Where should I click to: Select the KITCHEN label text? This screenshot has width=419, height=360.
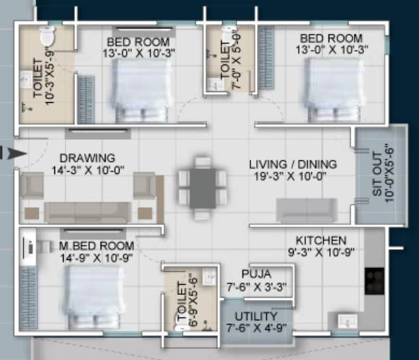click(x=321, y=240)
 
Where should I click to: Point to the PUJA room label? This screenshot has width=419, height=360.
click(x=257, y=274)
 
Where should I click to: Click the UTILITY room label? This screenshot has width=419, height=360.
click(x=256, y=317)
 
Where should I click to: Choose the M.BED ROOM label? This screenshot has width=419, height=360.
click(x=97, y=246)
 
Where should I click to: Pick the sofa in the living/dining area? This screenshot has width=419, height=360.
click(x=306, y=210)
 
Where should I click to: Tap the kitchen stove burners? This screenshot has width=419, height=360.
click(x=374, y=278)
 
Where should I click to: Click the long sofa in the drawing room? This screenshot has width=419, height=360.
click(x=88, y=212)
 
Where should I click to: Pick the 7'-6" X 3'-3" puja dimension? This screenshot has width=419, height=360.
click(x=257, y=286)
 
